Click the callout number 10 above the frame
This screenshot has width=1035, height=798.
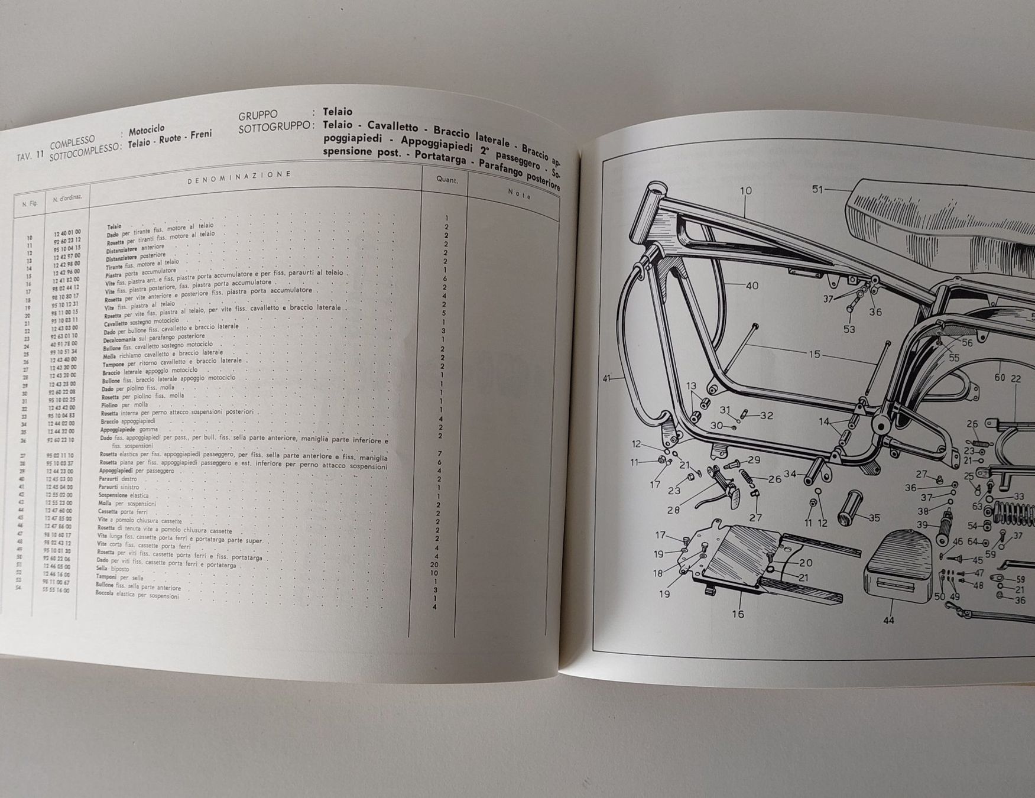tap(745, 191)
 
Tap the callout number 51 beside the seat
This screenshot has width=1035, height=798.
tap(817, 190)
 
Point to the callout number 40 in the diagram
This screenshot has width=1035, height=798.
tap(752, 286)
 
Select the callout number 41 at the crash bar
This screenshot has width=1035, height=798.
tap(607, 378)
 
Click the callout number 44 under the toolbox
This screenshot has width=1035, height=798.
tap(888, 620)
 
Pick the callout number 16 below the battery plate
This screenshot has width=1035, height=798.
tap(738, 614)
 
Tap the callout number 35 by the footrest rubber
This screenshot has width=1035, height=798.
tap(874, 518)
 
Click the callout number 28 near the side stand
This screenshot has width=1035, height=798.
tap(673, 510)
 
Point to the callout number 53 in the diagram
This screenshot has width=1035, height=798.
tap(849, 329)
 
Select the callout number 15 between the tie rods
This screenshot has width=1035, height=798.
tap(815, 354)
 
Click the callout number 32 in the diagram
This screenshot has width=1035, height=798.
tap(766, 416)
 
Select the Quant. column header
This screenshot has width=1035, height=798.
tap(447, 180)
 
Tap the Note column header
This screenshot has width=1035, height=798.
tap(520, 194)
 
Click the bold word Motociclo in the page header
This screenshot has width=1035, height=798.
tap(147, 129)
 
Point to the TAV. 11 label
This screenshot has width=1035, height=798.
tap(31, 157)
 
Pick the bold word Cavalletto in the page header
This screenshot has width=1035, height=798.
tap(392, 127)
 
